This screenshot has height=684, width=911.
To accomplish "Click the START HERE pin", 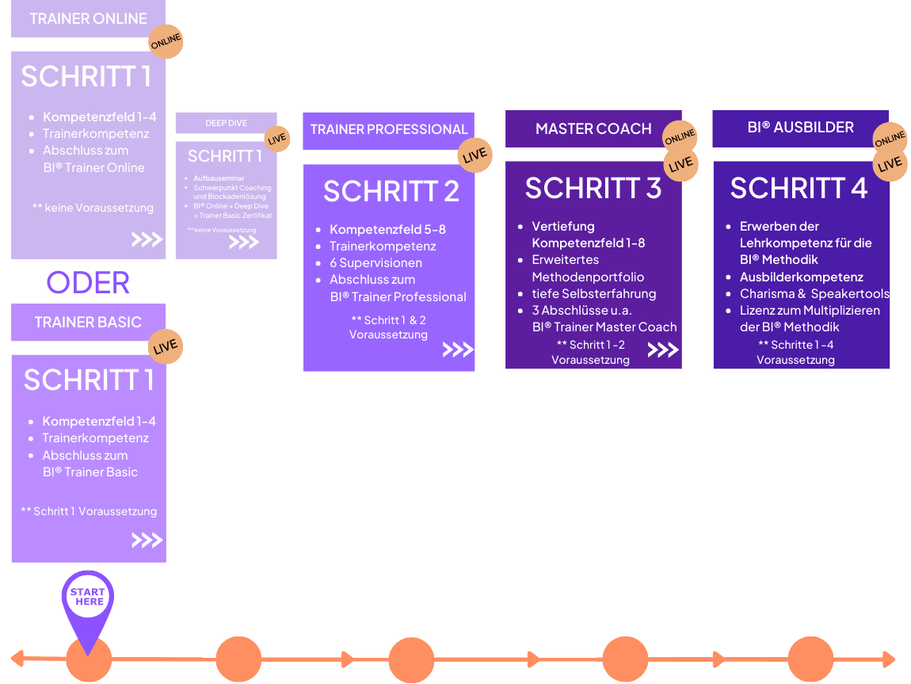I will point(88,598).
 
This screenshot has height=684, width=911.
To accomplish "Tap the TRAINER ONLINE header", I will point(88,18).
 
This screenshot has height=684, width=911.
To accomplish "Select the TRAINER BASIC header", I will point(88,322).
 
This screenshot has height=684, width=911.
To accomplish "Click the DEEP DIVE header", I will point(226,123).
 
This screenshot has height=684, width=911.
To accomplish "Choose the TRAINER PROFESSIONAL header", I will point(388,129).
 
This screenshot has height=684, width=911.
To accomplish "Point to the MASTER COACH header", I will point(593,128).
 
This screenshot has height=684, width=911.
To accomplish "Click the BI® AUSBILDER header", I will point(800,128).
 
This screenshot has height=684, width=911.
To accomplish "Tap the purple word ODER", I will point(88,282).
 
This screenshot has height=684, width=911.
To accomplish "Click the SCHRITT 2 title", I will point(391,192).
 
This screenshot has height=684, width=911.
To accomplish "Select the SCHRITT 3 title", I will point(593,189).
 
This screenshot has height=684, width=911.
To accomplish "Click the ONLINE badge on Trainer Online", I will point(166,40).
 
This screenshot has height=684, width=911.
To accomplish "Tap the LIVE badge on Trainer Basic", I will point(166,346).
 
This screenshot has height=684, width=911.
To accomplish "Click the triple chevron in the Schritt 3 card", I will point(663,350).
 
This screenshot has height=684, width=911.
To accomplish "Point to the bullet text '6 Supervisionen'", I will point(375,262).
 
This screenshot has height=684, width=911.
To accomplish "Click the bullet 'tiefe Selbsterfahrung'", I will point(593,293).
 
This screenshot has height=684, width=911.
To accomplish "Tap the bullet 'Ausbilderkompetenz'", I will point(801,277).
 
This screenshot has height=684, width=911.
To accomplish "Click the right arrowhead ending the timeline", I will point(890,659).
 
